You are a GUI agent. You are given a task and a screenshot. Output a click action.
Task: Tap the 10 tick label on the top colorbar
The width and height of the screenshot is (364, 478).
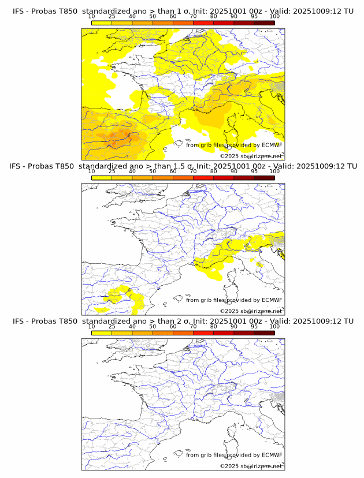tap(91, 17)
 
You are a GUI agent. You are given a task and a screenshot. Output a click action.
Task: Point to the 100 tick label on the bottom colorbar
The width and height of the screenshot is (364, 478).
tap(274, 327)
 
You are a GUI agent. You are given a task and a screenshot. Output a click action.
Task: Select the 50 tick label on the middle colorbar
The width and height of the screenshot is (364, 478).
tap(153, 172)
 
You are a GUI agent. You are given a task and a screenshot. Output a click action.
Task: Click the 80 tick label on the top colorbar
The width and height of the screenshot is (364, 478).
tap(214, 17)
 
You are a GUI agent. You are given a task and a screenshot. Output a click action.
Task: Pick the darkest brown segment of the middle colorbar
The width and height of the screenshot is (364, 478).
tap(264, 177)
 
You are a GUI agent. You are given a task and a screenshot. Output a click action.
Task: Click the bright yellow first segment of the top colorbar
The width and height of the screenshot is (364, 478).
tap(101, 23)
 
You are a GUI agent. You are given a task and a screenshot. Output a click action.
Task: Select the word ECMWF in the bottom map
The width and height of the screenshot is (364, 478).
tap(272, 455)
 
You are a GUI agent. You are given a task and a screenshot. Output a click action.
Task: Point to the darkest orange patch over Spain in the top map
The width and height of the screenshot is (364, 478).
tap(123, 136)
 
